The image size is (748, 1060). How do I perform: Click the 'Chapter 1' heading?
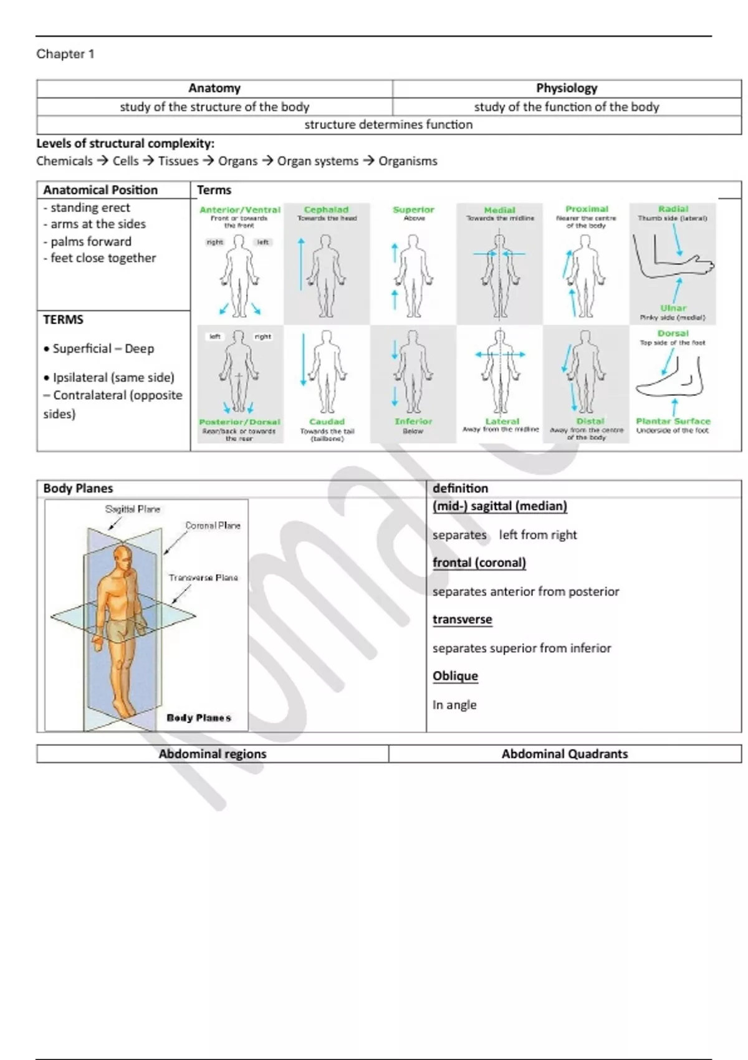click(65, 54)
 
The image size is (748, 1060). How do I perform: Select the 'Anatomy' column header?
click(214, 89)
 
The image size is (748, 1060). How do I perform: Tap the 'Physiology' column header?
click(567, 89)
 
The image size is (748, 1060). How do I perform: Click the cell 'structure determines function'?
click(388, 125)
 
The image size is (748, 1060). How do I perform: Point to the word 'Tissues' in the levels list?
click(178, 161)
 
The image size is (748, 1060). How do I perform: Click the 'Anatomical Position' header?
click(100, 190)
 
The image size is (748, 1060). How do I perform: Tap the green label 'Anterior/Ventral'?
click(240, 210)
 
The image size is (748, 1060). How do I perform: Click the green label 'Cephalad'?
click(327, 210)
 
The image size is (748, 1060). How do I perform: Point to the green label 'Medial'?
click(500, 210)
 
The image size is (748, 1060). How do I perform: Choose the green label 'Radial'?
click(673, 210)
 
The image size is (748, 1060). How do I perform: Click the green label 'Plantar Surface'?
click(673, 422)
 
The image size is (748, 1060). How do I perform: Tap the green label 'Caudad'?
click(327, 422)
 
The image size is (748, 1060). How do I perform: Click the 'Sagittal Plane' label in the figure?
click(133, 509)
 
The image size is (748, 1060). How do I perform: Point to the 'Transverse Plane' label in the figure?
click(203, 578)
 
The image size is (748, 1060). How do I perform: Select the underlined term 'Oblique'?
click(455, 676)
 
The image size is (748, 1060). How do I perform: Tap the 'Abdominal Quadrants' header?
click(565, 754)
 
